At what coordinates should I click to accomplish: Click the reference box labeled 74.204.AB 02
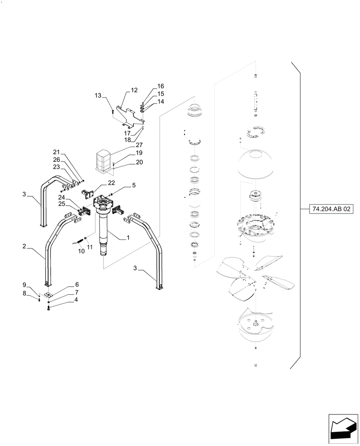point(329,208)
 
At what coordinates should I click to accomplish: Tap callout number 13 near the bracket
point(98,95)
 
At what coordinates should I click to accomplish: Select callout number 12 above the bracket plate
point(134,91)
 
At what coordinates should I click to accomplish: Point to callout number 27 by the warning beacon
point(139,145)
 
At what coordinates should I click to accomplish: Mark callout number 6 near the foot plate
point(77,285)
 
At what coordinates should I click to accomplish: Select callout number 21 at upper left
point(57,152)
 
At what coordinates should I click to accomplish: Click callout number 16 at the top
point(160,86)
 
